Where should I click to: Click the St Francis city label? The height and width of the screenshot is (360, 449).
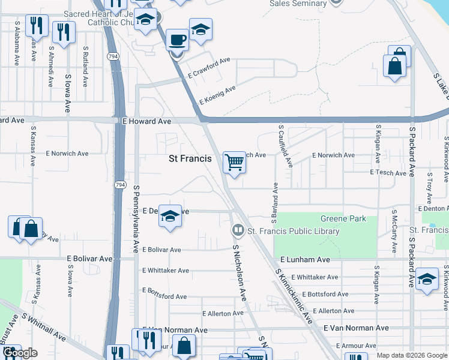point(190,159)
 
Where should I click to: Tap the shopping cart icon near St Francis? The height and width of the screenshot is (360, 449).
point(234,161)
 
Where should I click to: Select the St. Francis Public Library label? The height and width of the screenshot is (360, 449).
point(294,231)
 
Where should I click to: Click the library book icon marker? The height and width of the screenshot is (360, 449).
point(238,230)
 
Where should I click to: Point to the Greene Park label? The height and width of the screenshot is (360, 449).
point(343,219)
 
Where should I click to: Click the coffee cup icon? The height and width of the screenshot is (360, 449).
point(177,40)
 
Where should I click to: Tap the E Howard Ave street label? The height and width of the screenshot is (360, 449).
point(147,121)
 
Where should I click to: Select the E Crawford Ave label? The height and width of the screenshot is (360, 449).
point(209,67)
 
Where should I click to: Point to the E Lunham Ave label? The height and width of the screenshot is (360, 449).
point(306,260)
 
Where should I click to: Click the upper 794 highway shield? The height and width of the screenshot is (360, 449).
point(113,56)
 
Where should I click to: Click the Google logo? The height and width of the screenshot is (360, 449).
point(20,353)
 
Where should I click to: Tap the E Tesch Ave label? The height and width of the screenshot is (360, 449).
point(388,172)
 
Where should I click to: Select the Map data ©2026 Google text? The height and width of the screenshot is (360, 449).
point(412,355)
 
